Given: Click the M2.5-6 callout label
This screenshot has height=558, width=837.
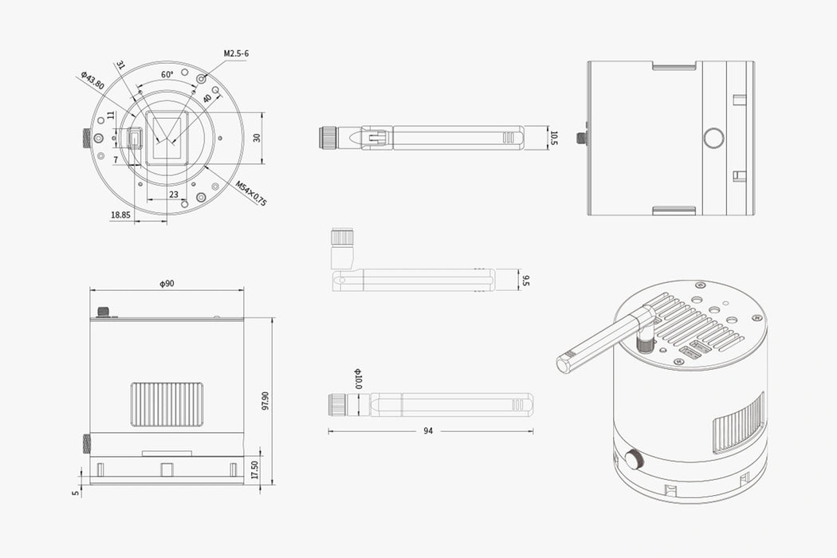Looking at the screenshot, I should pos(237,53).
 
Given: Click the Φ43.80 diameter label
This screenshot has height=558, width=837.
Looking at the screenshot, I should pos(92,81).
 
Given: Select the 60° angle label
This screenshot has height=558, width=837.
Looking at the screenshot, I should pos(167,74).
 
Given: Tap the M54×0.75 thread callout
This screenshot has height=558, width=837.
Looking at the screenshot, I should pos(251,194).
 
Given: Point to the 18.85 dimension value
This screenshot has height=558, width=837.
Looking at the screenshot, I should pos(120,214).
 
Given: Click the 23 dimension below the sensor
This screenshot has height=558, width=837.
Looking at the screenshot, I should pos(173,194).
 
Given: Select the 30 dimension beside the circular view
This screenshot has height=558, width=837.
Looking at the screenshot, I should pos(257,137).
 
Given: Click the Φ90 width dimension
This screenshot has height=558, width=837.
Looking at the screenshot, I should pos(167,284).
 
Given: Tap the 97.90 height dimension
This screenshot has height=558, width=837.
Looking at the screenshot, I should pos(265,401).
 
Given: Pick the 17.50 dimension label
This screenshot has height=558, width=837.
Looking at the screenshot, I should pos(255,470).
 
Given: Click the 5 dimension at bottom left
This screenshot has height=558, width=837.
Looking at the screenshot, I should pos(76,493).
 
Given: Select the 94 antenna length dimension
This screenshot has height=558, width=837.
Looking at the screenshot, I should pos(428,431).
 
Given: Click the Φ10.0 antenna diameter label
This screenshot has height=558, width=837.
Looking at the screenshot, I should pos(358,378).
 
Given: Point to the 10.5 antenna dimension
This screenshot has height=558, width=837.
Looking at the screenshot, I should pos(555,138).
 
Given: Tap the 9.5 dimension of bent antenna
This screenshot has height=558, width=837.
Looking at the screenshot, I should pos(525,280).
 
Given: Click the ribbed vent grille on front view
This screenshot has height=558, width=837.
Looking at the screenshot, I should pos(167,404).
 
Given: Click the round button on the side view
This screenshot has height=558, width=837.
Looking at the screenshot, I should pos(713,138).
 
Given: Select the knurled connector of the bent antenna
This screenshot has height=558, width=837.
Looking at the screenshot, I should pos(342,237).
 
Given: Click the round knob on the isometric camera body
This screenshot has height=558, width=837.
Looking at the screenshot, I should pos(635,460).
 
